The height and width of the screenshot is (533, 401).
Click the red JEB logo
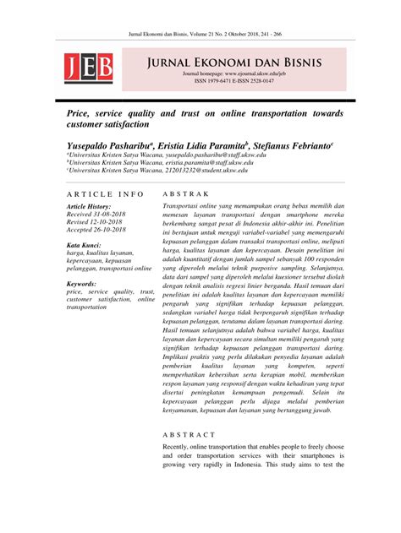click(x=87, y=68)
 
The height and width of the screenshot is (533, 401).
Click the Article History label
click(x=88, y=206)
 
